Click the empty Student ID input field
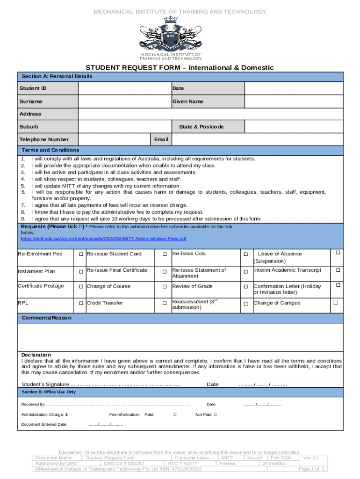pos(124,88)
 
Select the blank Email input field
pos(258,139)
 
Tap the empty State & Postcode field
pos(294,127)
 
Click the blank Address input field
pos(210,114)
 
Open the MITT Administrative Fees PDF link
pos(103,239)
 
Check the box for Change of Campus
pos(335,303)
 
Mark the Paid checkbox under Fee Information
pos(175,414)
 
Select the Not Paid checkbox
pos(216,414)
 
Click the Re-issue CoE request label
pos(189,254)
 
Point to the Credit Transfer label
pos(105,303)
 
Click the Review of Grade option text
pos(192,286)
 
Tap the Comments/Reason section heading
pos(47,318)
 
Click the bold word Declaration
pos(36,355)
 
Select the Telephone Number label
pos(44,139)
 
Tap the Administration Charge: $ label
pos(44,414)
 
